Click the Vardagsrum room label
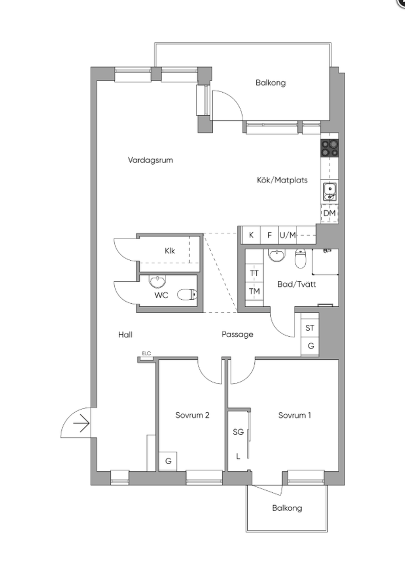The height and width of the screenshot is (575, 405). [x=150, y=160]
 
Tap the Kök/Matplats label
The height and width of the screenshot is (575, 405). [x=282, y=180]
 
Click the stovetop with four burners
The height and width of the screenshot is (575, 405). [x=329, y=149]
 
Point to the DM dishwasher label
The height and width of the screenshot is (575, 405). [x=329, y=213]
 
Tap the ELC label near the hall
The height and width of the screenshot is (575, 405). [x=146, y=354]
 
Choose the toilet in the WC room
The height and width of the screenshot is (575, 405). [x=187, y=294]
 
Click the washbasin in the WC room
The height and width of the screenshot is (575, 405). [x=157, y=282]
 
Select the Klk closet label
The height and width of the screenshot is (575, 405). [x=170, y=251]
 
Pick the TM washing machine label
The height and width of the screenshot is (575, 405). [x=254, y=291]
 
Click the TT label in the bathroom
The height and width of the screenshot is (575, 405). [x=254, y=273]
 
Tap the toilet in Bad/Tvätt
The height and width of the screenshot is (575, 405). [x=301, y=258]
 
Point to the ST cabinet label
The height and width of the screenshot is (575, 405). [x=310, y=328]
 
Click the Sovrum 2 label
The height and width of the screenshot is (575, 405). [x=192, y=415]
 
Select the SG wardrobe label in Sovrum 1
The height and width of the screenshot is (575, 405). [x=238, y=432]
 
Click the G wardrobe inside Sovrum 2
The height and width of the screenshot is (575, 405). [x=168, y=461]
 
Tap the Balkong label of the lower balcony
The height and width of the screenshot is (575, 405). [x=287, y=508]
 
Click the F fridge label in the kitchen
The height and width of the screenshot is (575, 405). [x=269, y=235]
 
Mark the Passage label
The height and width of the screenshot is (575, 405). [x=237, y=334]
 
